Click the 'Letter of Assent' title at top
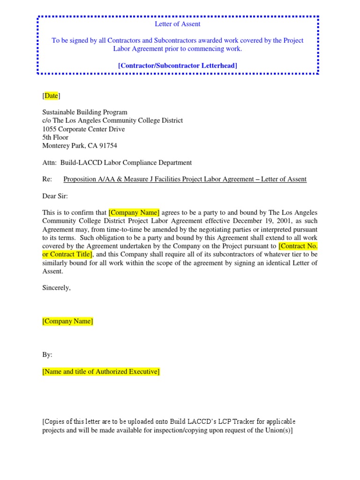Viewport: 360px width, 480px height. point(178,24)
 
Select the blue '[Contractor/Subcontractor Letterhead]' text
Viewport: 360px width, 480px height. point(178,65)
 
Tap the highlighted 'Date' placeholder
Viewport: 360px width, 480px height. point(51,96)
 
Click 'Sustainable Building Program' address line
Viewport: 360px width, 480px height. point(85,112)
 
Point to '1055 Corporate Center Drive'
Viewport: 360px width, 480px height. point(83,129)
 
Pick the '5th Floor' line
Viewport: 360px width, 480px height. point(55,137)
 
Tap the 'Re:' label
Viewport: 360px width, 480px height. point(47,179)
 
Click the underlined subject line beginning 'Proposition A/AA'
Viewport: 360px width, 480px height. point(185,179)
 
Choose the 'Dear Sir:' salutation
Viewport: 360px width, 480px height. point(55,196)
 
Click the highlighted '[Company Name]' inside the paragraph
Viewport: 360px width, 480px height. point(134,212)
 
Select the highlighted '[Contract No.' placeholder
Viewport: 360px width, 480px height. point(298,246)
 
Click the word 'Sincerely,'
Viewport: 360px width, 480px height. point(57,288)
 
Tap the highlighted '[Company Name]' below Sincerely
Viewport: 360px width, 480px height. point(67,321)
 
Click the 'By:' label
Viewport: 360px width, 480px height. point(47,355)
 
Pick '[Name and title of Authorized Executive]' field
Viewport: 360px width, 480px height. point(101,372)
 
